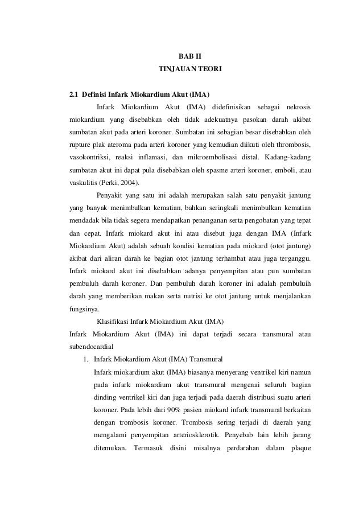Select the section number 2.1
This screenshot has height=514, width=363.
[x=73, y=94]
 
